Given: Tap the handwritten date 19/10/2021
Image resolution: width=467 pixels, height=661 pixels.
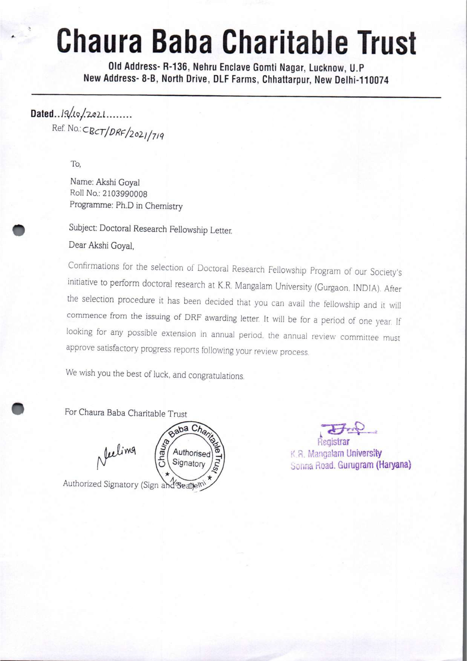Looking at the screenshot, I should (82, 114).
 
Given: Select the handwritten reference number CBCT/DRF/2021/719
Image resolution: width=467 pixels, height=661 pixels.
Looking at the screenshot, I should (124, 133).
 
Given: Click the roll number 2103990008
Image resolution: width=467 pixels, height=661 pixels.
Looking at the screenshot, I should (125, 194).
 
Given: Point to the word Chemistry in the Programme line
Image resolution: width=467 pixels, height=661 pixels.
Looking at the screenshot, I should (164, 206).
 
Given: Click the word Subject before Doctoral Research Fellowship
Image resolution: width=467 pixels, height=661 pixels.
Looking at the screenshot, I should (83, 228).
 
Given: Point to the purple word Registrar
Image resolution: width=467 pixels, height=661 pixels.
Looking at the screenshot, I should (333, 441).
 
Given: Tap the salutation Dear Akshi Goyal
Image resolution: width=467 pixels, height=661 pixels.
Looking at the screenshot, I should (101, 245).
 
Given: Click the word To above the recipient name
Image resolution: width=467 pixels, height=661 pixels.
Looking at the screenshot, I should (76, 164).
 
